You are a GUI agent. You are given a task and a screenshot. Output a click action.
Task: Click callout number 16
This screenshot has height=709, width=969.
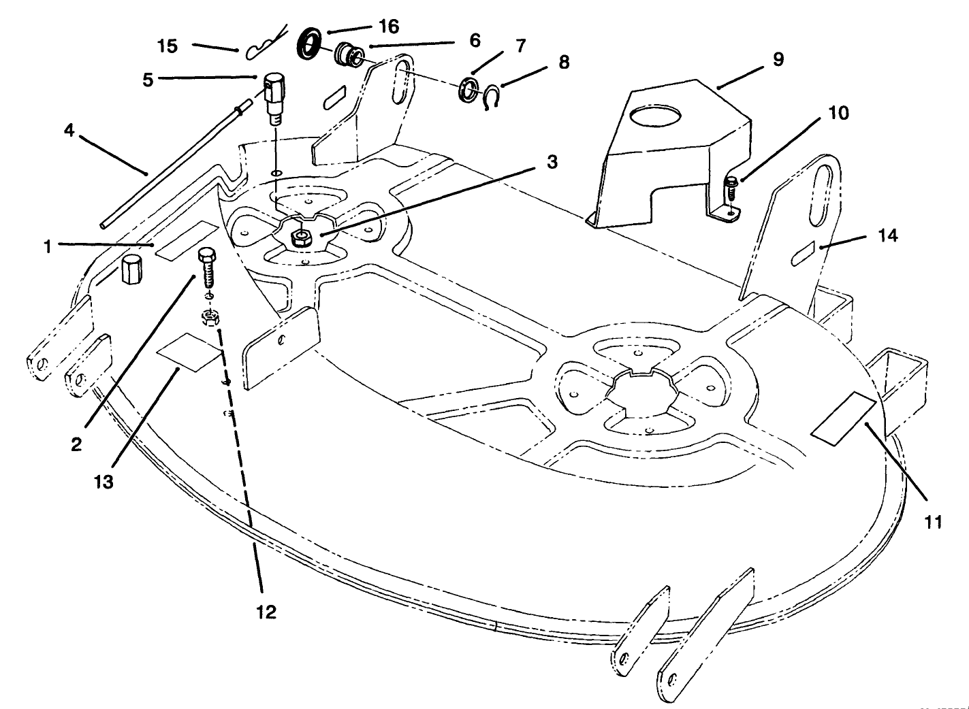[388, 27]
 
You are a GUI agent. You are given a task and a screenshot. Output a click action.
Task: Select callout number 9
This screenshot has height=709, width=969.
[778, 59]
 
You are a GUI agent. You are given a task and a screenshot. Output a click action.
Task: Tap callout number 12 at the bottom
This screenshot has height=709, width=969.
[266, 612]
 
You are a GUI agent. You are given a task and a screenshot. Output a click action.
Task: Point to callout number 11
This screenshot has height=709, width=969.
[933, 522]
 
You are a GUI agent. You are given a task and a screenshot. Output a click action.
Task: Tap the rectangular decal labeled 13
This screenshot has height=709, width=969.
[189, 351]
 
